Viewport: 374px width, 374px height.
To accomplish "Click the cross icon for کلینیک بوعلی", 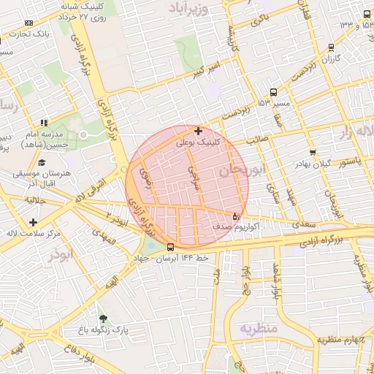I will [198, 131].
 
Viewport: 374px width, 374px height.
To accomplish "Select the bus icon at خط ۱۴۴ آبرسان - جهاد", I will [170, 247].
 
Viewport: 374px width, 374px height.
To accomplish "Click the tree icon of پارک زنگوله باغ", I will [102, 318].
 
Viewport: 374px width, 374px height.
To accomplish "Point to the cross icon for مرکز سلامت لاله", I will [32, 222].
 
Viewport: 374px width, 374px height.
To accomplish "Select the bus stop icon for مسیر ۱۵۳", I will [273, 92].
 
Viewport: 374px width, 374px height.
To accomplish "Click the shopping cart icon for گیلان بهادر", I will [313, 153].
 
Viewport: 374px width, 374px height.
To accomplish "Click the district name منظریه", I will [259, 329].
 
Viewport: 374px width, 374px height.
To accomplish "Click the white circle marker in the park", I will [83, 135].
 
